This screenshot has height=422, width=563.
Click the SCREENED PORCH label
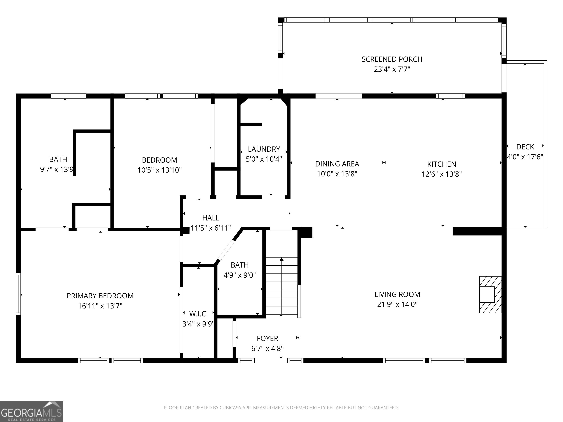tap(392, 59)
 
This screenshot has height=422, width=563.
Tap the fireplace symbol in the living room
tap(490, 295)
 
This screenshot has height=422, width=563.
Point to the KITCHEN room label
tap(442, 164)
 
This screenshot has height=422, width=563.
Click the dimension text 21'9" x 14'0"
tap(397, 304)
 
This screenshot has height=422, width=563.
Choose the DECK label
tap(525, 147)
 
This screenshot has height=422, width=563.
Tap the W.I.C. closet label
tap(198, 314)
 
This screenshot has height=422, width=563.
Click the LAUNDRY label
tap(264, 149)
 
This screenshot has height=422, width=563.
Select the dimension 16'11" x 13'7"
tap(100, 306)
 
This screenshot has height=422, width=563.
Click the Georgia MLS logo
tap(32, 411)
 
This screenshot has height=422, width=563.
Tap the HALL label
tap(211, 218)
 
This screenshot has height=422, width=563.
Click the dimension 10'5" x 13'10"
tap(160, 170)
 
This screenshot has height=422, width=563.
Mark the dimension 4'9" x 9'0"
tap(240, 275)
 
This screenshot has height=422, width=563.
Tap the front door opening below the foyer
tap(271, 360)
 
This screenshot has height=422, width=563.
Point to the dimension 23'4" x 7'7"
tap(392, 69)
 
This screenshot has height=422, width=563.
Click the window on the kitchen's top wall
tap(450, 96)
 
